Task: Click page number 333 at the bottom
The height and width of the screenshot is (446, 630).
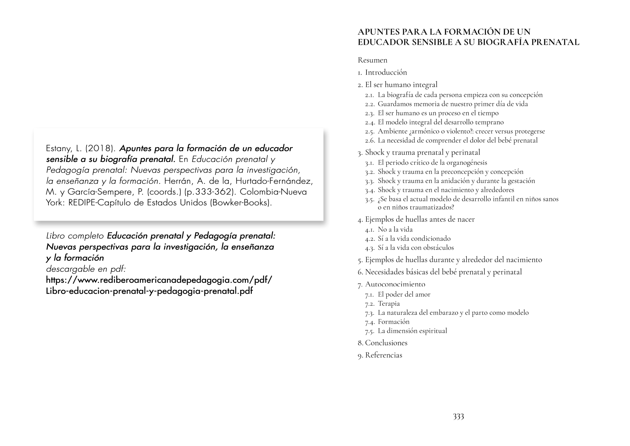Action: tap(458, 417)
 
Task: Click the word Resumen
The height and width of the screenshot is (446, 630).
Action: tap(372, 60)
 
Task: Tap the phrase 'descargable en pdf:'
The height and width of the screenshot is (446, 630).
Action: tap(86, 269)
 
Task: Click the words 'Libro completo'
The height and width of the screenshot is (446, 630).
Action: tap(75, 236)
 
